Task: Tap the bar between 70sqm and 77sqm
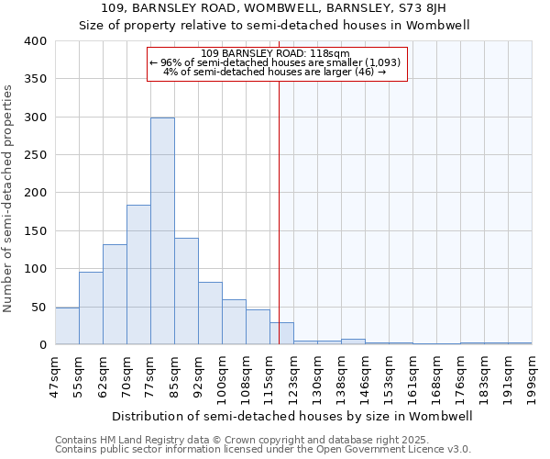pos(138,275)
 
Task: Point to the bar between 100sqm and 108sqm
pos(234,322)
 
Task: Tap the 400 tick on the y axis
pos(36,41)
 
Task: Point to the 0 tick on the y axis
pos(42,345)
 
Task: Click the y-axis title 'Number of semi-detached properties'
pos(8,197)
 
